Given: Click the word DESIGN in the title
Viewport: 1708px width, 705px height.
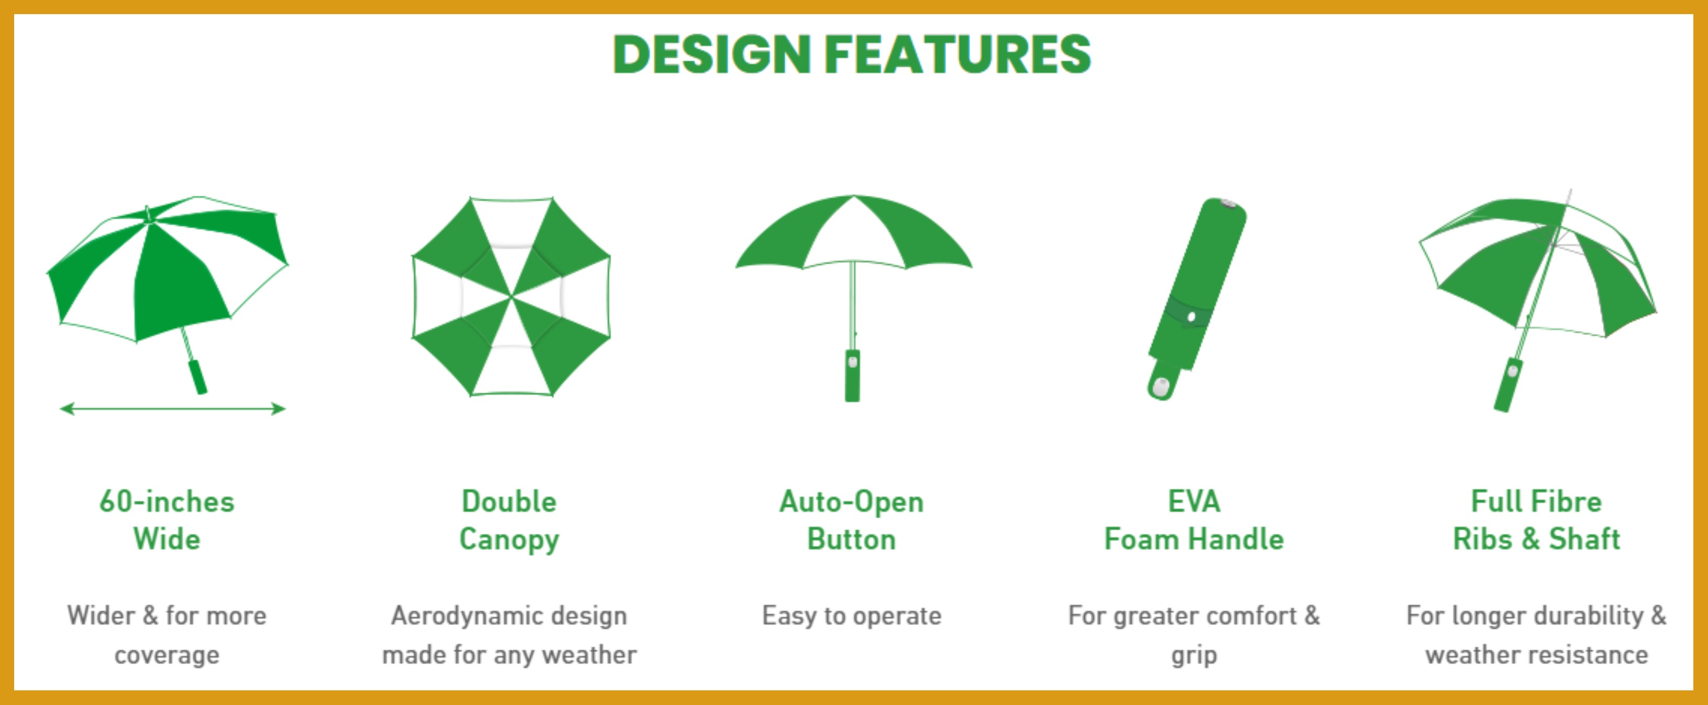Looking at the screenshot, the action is coord(712,54).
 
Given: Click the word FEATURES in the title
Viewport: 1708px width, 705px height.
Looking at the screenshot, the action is coord(958,54).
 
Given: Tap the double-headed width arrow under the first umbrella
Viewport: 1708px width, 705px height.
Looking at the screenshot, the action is coord(172,409).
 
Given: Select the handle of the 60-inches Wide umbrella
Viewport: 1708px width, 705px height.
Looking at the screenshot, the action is coord(198,377).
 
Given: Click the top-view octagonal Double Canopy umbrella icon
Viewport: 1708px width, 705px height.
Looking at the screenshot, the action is coord(511,296).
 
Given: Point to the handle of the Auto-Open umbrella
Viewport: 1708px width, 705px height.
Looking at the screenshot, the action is coord(852,375).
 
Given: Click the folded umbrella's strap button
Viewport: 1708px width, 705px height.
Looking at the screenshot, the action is coord(1191,317).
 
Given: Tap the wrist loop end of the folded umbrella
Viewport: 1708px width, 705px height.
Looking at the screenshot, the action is coord(1162,385).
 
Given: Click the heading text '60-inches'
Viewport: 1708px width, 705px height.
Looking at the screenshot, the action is coord(167,501).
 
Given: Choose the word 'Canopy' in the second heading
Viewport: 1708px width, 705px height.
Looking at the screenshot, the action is coord(509,540).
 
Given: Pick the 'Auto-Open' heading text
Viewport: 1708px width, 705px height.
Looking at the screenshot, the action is coord(851,502).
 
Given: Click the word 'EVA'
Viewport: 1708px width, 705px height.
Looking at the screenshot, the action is coord(1194,501).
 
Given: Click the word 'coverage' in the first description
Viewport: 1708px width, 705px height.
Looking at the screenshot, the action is coord(167,655).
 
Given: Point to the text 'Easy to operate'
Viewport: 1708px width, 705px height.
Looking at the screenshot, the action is coord(852,616).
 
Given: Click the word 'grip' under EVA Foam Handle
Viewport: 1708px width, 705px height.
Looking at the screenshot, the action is coord(1194,656).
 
